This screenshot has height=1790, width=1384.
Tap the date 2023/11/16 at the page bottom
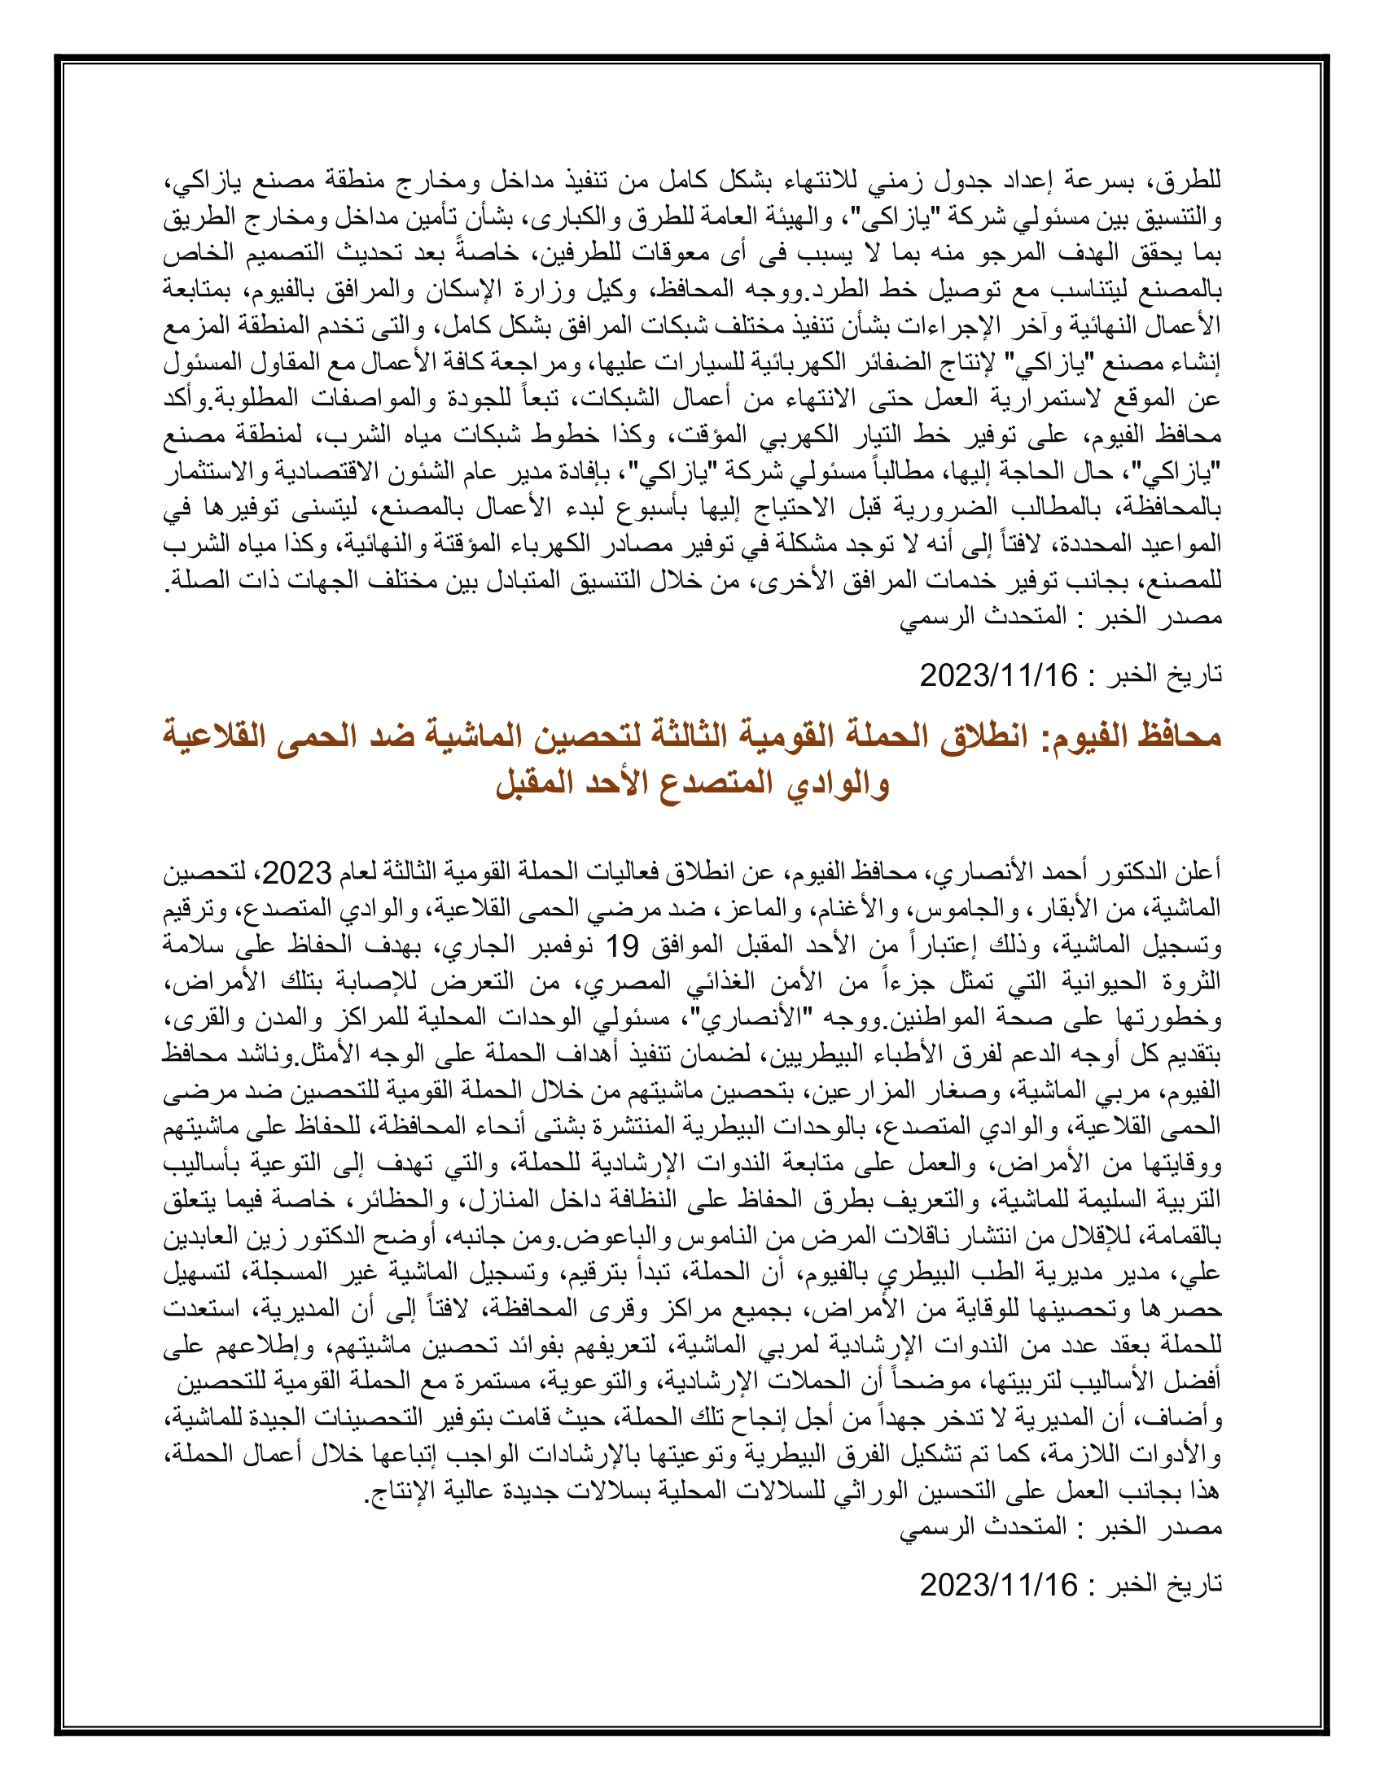pyautogui.click(x=998, y=1608)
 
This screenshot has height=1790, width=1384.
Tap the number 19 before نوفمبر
pyautogui.click(x=621, y=946)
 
